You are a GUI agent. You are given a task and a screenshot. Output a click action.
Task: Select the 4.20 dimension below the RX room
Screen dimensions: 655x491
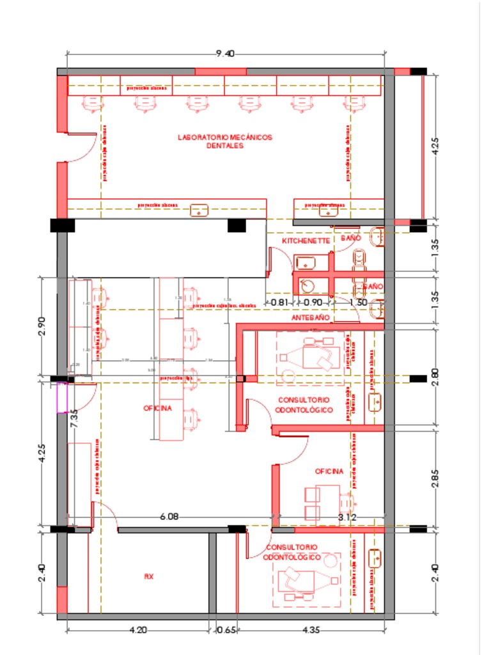pos(138,630)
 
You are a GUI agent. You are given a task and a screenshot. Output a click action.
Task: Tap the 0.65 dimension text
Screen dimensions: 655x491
pos(227,630)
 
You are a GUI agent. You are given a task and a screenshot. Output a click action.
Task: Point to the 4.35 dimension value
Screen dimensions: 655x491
pos(311,630)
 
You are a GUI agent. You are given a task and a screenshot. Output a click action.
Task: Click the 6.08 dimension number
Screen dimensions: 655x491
pos(169,517)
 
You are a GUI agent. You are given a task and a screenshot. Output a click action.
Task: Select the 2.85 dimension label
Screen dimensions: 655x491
pos(435,479)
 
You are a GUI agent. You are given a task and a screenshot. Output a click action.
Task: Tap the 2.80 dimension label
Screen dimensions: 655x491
pos(435,377)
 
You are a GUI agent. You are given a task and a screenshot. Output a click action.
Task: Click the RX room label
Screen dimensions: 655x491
pos(148,576)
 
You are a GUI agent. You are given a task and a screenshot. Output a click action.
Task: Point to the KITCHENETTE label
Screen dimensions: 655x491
pos(306,241)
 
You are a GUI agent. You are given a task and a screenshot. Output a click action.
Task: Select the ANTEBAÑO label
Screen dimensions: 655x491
pos(310,317)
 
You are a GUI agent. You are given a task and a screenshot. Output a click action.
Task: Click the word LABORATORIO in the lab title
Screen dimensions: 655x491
pos(201,137)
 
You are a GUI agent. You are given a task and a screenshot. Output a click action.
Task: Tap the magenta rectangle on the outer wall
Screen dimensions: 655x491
pos(62,397)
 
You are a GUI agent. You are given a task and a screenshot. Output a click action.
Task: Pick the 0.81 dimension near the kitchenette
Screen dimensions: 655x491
pos(279,302)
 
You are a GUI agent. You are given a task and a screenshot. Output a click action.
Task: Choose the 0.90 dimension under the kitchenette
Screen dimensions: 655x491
pos(313,302)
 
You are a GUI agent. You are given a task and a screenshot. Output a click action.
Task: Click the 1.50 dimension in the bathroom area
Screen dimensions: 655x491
pos(359,302)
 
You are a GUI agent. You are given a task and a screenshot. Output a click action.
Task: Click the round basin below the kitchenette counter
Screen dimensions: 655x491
pos(308,286)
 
